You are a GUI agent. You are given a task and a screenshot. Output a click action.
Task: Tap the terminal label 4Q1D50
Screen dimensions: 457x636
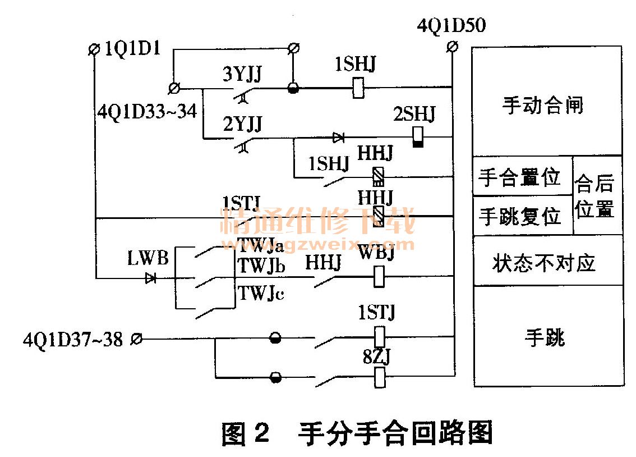coord(451,26)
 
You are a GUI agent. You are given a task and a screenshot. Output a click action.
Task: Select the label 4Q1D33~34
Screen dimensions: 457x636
coord(147,112)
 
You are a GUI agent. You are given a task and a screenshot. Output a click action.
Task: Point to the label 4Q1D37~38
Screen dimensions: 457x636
coord(73,339)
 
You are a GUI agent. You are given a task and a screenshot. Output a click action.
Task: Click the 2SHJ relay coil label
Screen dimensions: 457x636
coord(414,116)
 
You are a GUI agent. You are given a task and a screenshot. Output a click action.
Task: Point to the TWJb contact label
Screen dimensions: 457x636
coord(261,266)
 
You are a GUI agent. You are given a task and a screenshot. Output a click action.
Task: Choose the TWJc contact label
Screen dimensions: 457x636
coord(261,293)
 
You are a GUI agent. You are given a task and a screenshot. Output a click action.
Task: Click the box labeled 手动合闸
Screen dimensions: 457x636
coord(542,105)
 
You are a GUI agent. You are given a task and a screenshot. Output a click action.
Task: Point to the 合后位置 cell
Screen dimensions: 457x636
coord(595,196)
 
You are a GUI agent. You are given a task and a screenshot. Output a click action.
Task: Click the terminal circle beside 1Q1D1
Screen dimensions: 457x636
coord(94,49)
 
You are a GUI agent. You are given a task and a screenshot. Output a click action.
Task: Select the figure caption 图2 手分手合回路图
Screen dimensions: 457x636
coord(357,433)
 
